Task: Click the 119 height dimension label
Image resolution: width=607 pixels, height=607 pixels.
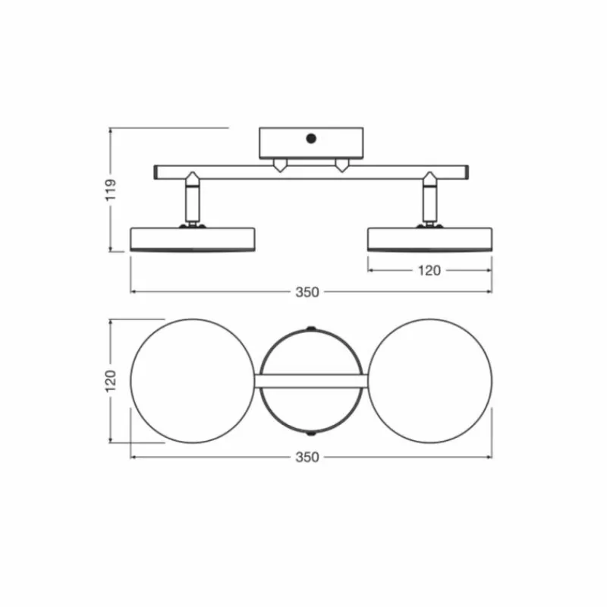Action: coord(111,190)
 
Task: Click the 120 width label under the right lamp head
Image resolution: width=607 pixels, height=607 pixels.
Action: coord(429,271)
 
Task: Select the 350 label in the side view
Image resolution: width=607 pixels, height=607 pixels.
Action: coord(308,291)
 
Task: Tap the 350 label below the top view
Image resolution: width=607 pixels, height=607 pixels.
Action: coord(308,458)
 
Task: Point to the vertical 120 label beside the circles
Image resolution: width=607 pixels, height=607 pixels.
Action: coord(111,380)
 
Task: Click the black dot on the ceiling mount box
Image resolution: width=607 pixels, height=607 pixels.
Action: coord(310,138)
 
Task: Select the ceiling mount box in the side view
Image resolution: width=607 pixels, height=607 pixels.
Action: coord(311,143)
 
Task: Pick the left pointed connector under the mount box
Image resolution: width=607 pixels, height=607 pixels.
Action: coord(281,165)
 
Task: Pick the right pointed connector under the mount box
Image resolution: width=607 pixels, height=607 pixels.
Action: coord(342,165)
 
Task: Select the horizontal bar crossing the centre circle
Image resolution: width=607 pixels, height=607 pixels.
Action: coord(311,380)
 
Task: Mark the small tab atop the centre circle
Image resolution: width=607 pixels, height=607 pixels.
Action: coord(310,329)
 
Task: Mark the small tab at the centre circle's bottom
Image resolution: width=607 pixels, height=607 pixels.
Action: coord(310,433)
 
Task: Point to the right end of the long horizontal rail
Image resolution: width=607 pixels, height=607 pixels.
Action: coord(464,172)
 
